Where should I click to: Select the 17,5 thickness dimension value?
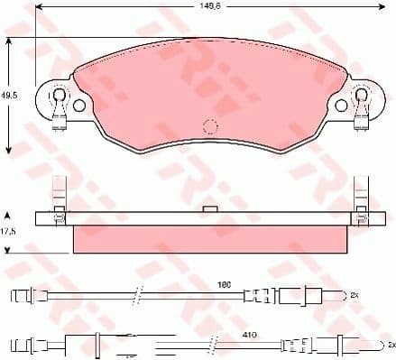10,231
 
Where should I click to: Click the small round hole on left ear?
78,106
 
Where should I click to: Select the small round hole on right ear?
342,106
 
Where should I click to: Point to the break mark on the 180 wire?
136,295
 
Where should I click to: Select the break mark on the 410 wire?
213,344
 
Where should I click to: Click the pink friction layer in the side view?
210,238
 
